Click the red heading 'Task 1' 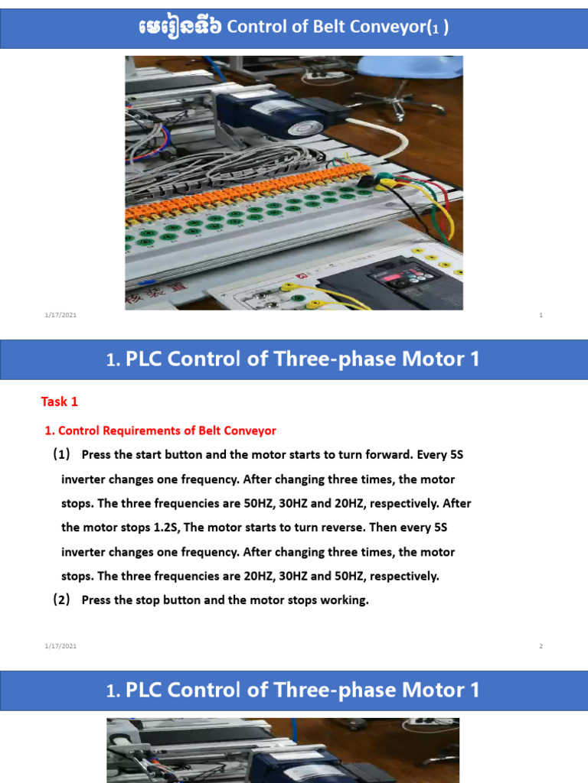click(x=59, y=401)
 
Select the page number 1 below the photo click(x=541, y=315)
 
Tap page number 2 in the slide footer click(x=541, y=646)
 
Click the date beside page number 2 click(x=60, y=646)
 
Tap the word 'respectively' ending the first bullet click(x=402, y=577)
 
